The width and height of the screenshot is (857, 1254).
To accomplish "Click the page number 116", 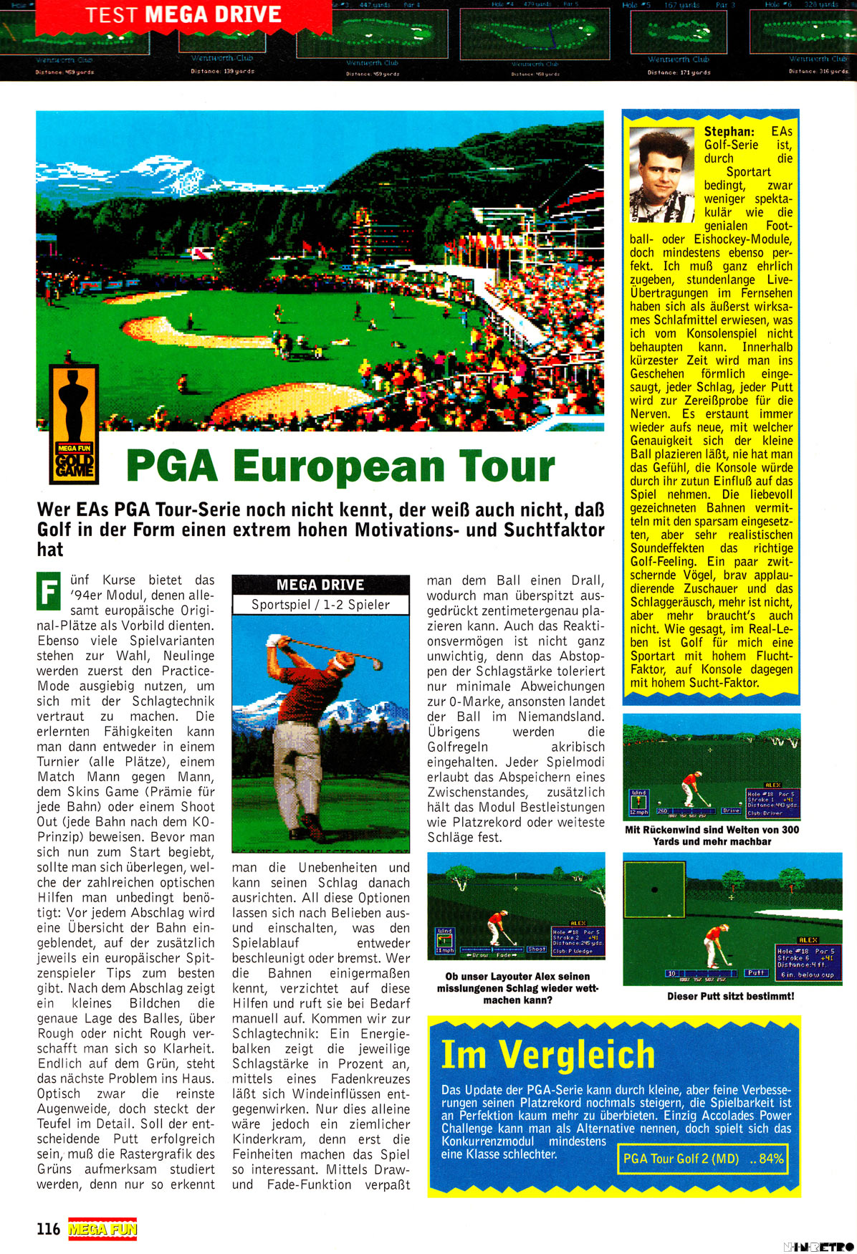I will point(48,1229).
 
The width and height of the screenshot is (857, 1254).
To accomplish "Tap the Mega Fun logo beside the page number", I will point(102,1229).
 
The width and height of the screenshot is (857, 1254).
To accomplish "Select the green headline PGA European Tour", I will point(340,466).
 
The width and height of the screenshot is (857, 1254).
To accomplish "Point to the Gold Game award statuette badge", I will point(74,423).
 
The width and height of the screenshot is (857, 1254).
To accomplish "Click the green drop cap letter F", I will point(49,592).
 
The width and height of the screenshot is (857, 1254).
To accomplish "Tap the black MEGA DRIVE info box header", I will point(320,585).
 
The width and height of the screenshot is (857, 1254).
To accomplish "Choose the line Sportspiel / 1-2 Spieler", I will point(320,605).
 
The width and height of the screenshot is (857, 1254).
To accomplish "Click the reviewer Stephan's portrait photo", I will point(661,175).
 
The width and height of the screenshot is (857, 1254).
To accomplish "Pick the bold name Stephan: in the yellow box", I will point(729,131).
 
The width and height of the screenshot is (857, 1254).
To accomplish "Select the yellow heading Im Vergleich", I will point(548,1054).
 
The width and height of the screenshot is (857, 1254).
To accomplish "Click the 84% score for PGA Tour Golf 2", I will point(771,1158).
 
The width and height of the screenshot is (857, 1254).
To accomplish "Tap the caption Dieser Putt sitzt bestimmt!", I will point(730,996).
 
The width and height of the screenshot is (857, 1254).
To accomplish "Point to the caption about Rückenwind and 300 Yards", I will point(712,836).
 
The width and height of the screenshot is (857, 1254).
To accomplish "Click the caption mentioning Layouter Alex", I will point(517,988).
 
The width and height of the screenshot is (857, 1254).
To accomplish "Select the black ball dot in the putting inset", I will point(654,890).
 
